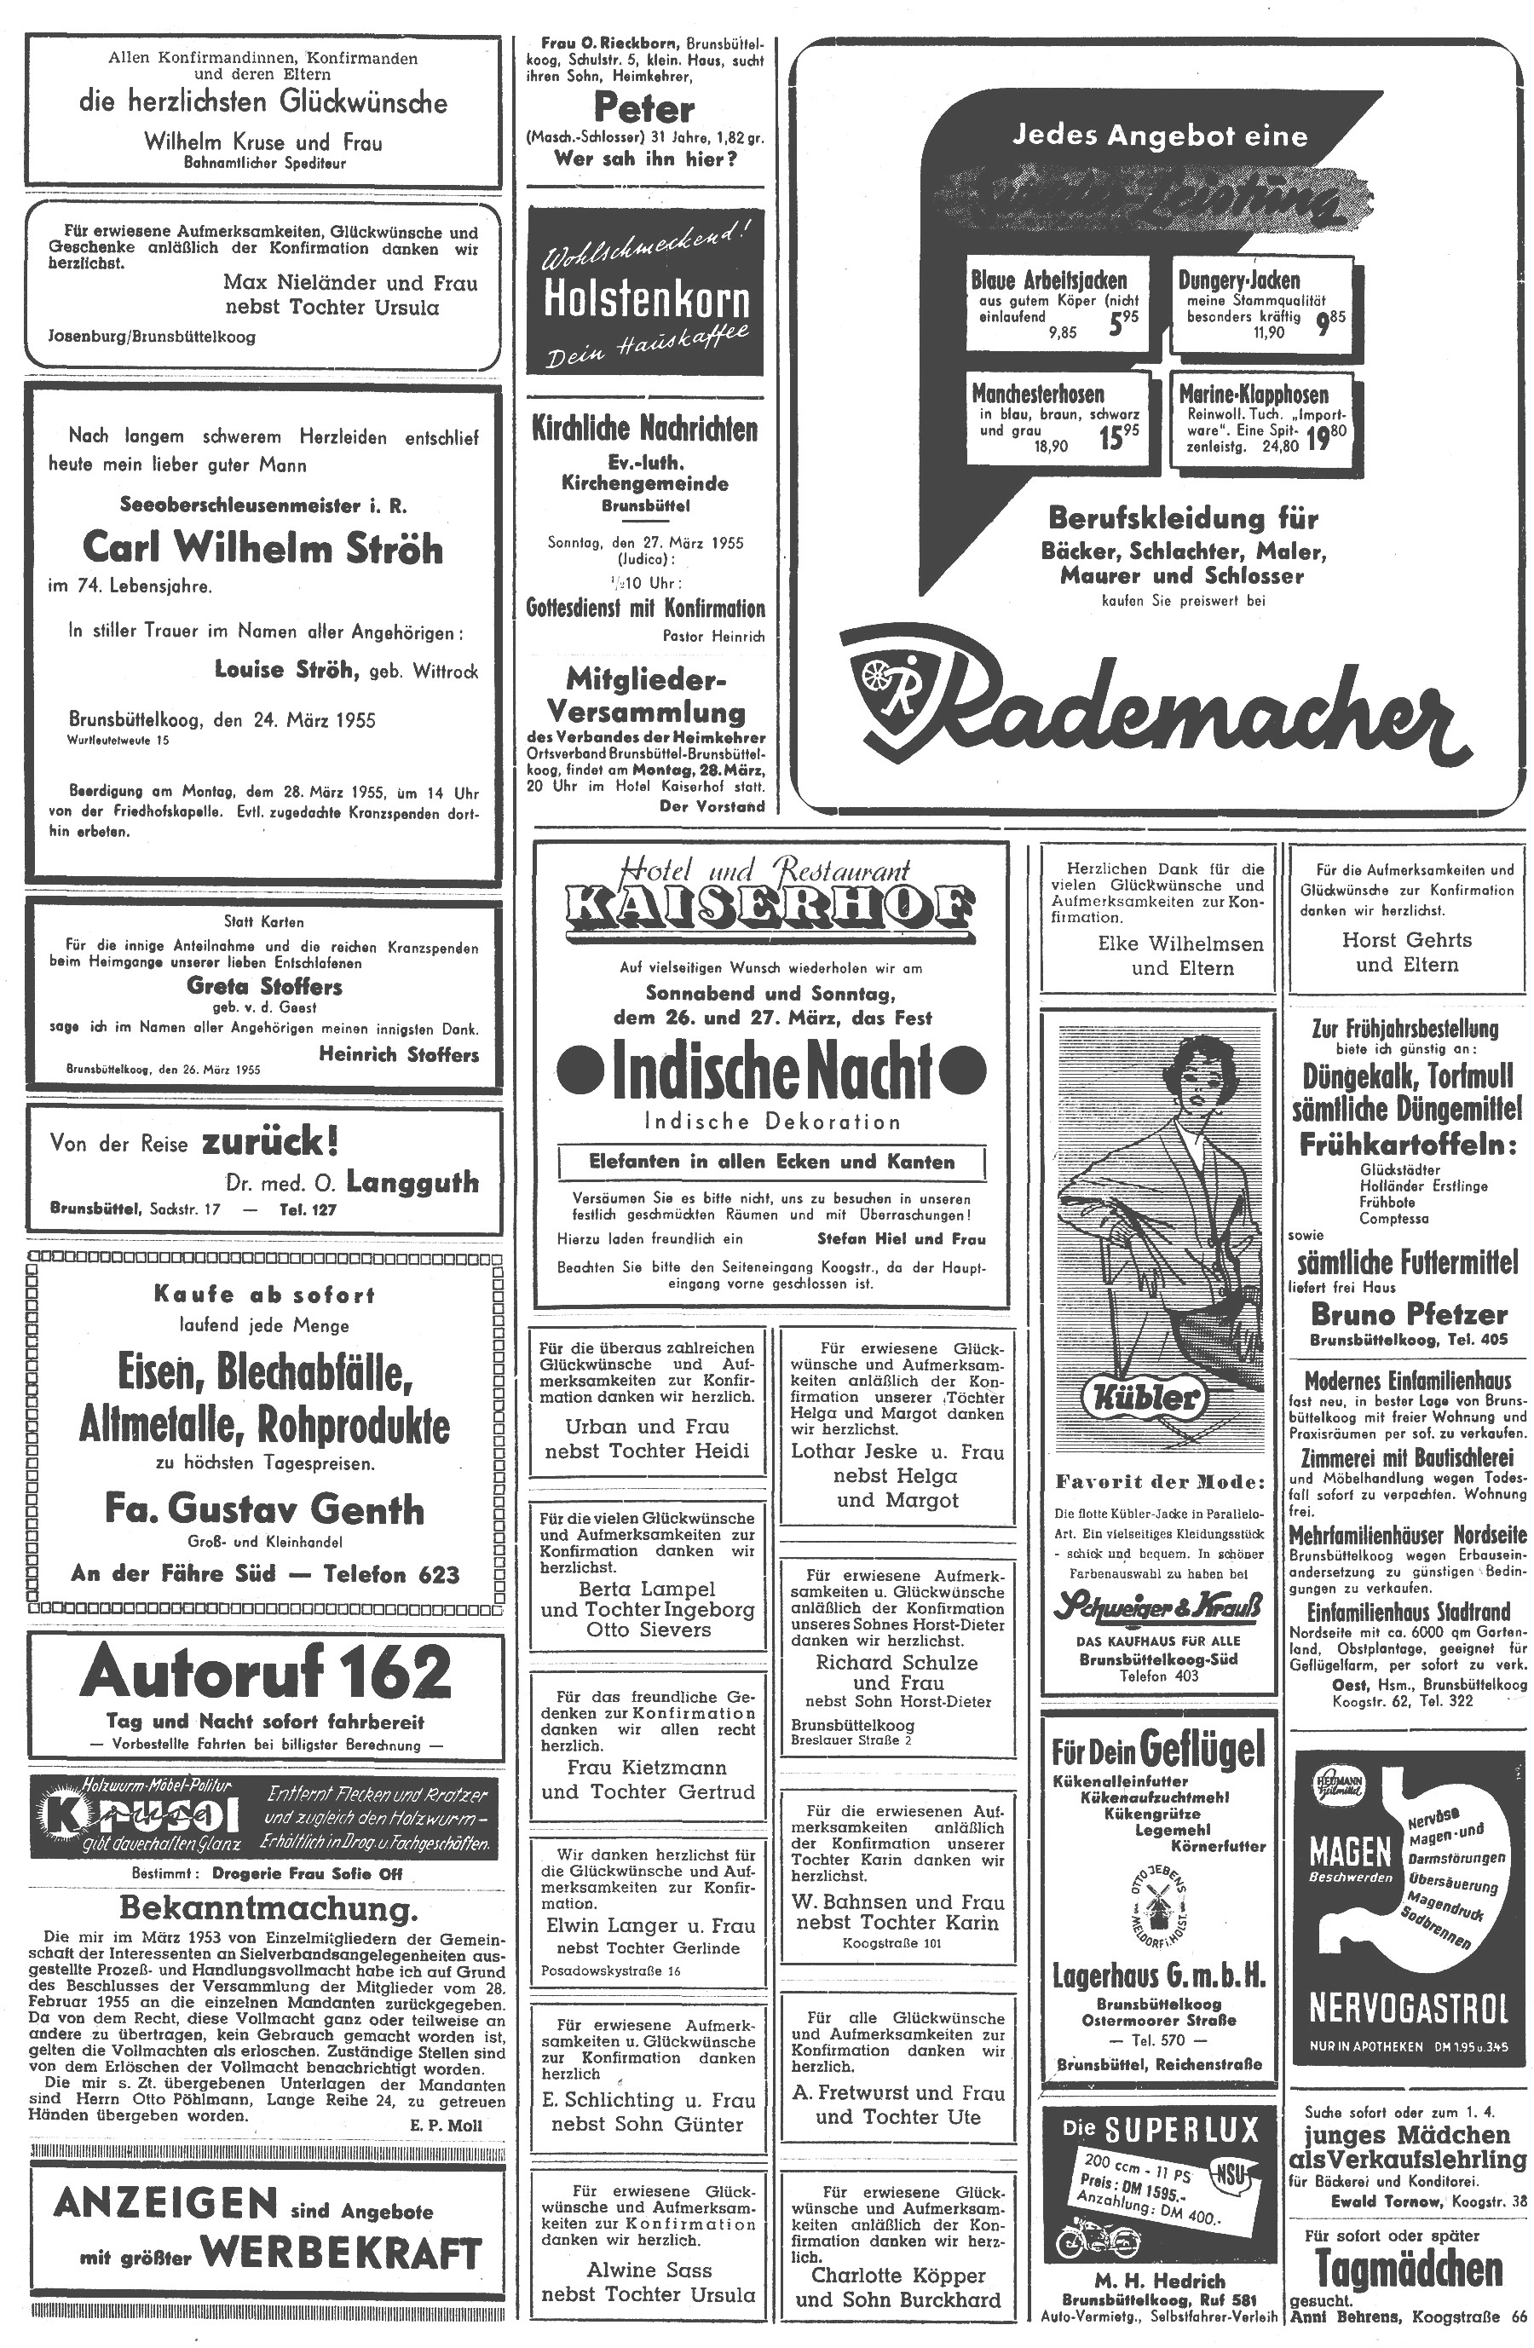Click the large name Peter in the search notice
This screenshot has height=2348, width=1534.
coord(644,108)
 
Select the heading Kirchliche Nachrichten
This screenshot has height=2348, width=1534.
coord(645,430)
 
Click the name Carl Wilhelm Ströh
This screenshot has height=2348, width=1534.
coord(262,547)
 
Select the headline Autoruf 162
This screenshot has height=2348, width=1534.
coord(265,1673)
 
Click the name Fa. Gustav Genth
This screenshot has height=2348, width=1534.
coord(264,1509)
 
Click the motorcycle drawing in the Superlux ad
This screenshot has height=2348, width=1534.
coord(1091,2244)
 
